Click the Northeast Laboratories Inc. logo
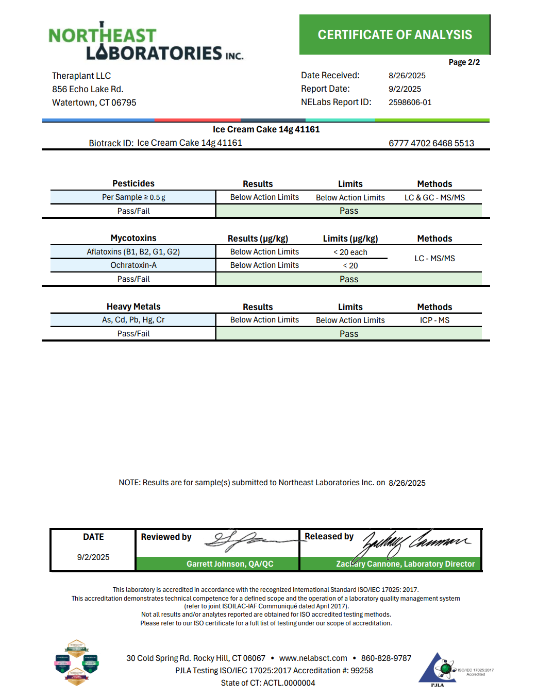145,42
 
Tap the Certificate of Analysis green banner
394,35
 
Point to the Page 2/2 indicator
464,62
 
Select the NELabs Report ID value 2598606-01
410,103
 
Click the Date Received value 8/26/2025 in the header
407,76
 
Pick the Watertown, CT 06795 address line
94,103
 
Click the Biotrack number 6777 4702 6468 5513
431,143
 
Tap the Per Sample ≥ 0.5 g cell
133,197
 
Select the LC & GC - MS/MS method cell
434,198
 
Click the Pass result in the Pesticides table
348,211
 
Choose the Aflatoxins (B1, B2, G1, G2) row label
133,252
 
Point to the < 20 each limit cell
350,252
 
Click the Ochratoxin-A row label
133,265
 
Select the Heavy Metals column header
133,307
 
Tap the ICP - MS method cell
434,320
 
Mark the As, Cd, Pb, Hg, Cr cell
133,320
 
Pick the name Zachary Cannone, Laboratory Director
405,564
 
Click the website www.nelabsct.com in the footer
313,658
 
